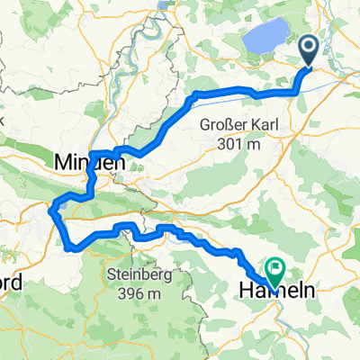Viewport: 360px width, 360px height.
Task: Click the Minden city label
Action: pyautogui.click(x=86, y=163)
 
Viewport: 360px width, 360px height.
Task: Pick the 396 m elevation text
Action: pyautogui.click(x=139, y=292)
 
